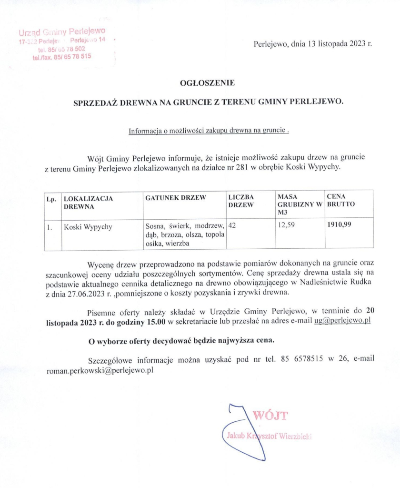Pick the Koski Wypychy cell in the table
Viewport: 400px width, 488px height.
(88, 227)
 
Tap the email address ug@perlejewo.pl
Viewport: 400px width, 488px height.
(342, 321)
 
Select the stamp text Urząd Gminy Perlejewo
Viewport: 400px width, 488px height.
(62, 32)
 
